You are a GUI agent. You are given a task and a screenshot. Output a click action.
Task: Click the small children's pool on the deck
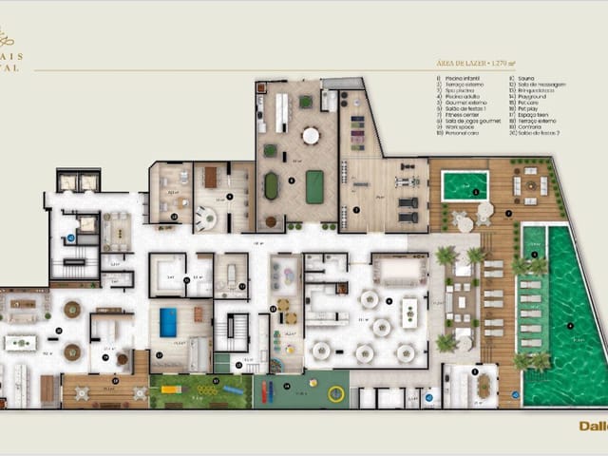point(464,185)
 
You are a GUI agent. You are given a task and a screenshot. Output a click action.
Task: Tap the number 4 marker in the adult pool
point(571,326)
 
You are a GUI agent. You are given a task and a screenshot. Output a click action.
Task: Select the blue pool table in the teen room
point(168,323)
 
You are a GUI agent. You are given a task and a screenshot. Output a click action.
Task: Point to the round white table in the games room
point(311,135)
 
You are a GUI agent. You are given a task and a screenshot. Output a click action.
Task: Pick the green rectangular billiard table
point(313,186)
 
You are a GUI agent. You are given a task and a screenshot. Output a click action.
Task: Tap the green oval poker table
point(272,185)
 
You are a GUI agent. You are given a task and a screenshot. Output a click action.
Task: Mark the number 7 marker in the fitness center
point(355,208)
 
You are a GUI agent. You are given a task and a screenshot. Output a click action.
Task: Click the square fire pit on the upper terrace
point(530,186)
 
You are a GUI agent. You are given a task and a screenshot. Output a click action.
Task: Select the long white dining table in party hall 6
point(409,312)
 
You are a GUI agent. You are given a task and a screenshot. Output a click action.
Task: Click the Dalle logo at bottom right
point(592,426)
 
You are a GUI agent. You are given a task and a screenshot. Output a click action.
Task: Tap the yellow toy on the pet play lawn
point(172,389)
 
